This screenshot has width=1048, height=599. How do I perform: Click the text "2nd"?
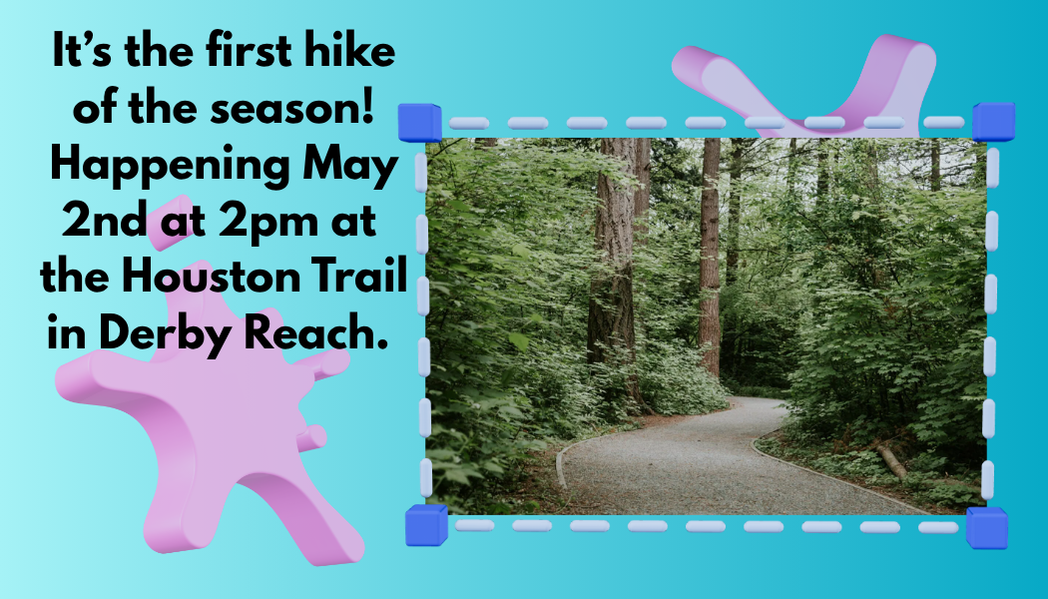click(x=104, y=221)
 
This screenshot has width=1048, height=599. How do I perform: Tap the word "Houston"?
click(x=211, y=277)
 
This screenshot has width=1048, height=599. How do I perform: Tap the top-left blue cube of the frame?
click(x=420, y=123)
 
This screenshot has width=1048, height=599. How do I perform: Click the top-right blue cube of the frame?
click(x=994, y=122)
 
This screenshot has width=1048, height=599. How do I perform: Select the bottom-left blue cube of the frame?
click(x=426, y=525)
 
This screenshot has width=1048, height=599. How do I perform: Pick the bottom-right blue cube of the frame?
click(x=986, y=527)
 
